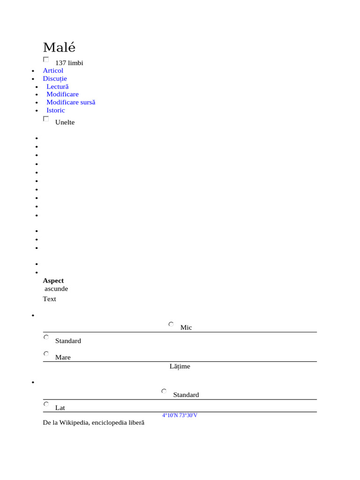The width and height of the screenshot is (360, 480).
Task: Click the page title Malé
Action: click(x=59, y=48)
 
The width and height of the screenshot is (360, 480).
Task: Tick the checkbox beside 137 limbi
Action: click(x=46, y=60)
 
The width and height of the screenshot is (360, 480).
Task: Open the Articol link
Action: click(x=53, y=71)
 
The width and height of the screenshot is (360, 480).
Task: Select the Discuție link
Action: click(x=55, y=79)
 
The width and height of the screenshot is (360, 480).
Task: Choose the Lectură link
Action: click(x=57, y=87)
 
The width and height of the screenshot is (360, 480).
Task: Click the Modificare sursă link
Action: click(x=71, y=102)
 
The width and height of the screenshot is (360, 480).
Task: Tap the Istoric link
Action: click(x=55, y=111)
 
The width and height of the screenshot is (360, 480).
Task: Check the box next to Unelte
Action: click(x=46, y=119)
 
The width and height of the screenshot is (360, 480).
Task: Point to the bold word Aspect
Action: click(x=53, y=281)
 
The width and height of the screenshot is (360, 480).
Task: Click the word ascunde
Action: click(x=56, y=289)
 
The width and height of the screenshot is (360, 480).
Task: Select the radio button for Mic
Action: click(x=171, y=324)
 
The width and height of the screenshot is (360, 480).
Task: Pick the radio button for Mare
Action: click(x=46, y=354)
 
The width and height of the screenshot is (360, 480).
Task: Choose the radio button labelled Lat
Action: click(x=46, y=404)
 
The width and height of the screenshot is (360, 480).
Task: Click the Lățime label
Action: click(x=180, y=367)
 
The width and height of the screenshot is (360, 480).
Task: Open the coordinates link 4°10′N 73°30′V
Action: click(x=180, y=415)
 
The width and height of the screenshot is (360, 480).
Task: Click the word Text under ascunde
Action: click(x=49, y=299)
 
